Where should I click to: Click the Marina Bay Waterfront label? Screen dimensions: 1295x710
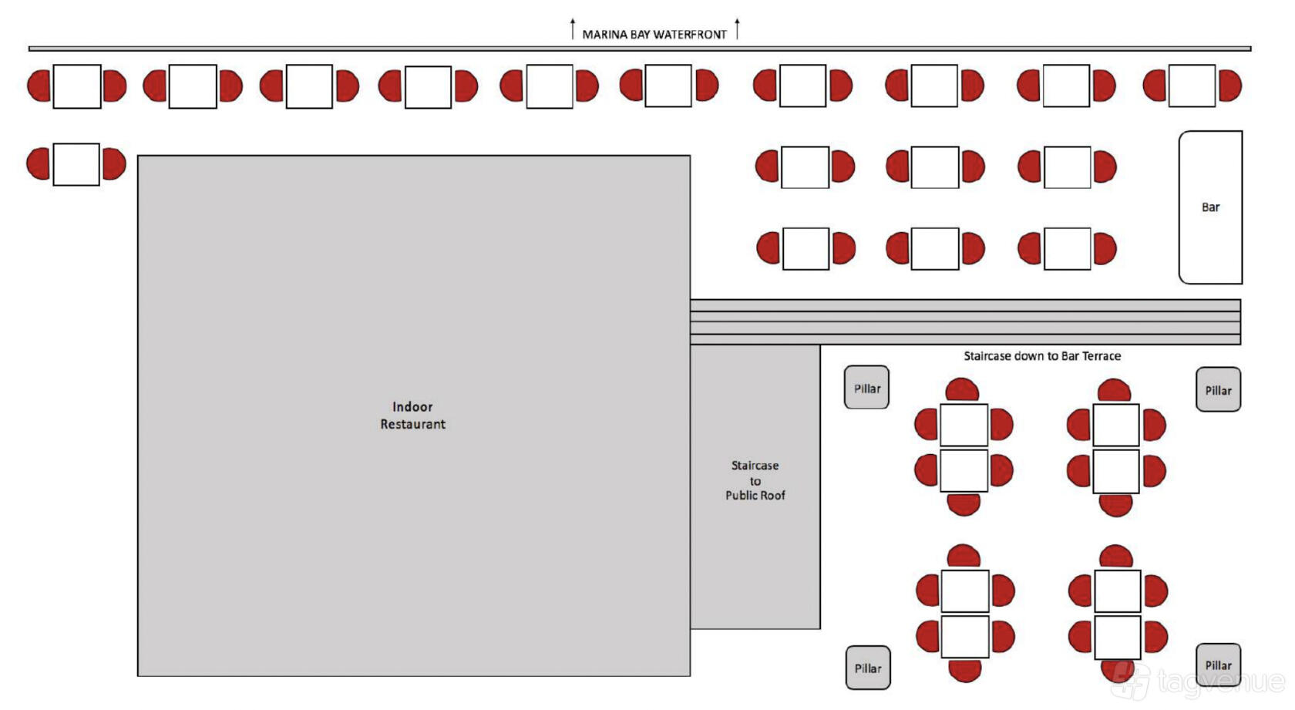tap(654, 35)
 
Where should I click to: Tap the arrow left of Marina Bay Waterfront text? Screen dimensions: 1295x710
tap(572, 29)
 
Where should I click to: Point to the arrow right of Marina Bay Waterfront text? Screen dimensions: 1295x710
tap(737, 29)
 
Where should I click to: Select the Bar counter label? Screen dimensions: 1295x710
tap(1210, 207)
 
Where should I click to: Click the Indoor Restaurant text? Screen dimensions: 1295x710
tap(412, 415)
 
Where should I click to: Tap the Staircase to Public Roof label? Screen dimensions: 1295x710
tap(755, 480)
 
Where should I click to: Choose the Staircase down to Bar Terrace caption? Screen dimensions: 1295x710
tap(1042, 356)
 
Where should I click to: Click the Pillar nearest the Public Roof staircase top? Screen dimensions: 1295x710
tap(866, 387)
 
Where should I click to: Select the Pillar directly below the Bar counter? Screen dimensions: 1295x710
tap(1218, 390)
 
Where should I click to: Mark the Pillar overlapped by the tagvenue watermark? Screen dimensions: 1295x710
tap(1218, 665)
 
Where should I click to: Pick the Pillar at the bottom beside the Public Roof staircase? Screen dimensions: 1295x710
tap(868, 668)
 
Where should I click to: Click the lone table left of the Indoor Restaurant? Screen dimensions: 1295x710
tap(76, 164)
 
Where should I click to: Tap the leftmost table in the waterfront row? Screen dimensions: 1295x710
tap(77, 86)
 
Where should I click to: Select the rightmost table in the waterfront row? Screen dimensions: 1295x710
tap(1192, 86)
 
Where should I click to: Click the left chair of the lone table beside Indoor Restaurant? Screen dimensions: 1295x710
tap(39, 163)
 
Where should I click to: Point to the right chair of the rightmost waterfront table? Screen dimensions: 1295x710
tap(1229, 86)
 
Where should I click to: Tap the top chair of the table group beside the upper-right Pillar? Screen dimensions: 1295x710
tap(1114, 391)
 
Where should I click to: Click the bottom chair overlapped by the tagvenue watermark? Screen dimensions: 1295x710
tap(1116, 671)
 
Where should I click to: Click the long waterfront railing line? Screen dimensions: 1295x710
tap(640, 49)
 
